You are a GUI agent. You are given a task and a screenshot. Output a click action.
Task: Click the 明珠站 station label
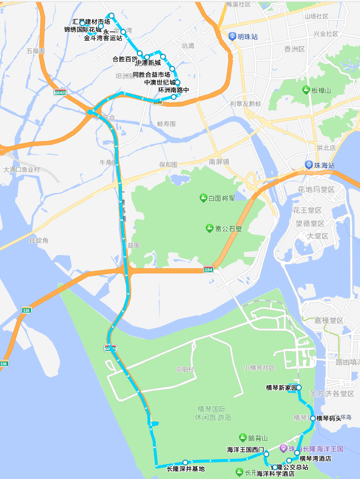pyautogui.click(x=247, y=37)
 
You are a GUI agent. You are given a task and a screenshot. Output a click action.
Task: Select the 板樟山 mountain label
pyautogui.click(x=321, y=91)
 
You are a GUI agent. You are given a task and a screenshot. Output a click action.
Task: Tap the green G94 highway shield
pyautogui.click(x=208, y=270)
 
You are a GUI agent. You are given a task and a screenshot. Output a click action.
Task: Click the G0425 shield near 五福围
pyautogui.click(x=60, y=93)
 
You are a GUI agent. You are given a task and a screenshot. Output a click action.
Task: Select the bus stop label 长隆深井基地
pyautogui.click(x=186, y=469)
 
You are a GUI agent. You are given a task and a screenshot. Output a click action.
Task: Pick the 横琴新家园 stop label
pyautogui.click(x=281, y=387)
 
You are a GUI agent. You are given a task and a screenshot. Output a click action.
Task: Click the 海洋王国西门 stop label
pyautogui.click(x=245, y=450)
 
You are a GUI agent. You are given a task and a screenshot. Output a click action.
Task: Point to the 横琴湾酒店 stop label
pyautogui.click(x=315, y=459)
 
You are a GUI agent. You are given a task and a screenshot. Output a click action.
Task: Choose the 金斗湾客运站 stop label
pyautogui.click(x=103, y=38)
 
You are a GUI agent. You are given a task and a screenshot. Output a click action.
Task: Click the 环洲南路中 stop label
pyautogui.click(x=173, y=90)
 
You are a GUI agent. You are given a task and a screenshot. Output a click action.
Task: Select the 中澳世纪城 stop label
pyautogui.click(x=160, y=82)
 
